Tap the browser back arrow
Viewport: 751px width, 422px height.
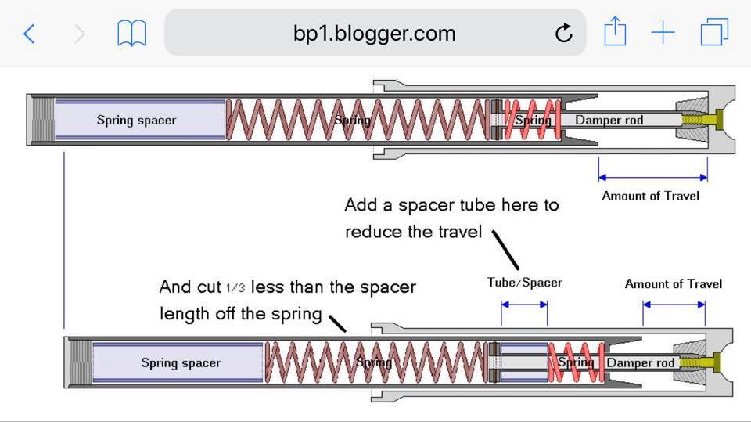tap(30, 34)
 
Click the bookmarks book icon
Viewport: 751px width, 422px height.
tap(131, 34)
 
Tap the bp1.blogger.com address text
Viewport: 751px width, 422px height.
tap(374, 34)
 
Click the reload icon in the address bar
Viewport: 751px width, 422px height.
tap(563, 34)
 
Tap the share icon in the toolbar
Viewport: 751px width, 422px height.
tap(615, 33)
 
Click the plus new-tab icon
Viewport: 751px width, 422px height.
tap(663, 34)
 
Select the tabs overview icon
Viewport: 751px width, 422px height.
tap(714, 33)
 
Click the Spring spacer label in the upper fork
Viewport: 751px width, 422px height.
tap(136, 121)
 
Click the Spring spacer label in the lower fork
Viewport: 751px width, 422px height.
tap(181, 363)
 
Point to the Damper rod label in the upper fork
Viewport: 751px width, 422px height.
tap(609, 121)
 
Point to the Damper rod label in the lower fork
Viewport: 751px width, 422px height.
tap(641, 363)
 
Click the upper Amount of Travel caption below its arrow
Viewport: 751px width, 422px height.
tap(650, 196)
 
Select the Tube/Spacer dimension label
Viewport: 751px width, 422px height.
tap(524, 283)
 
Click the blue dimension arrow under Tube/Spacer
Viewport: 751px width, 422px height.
tap(524, 303)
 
